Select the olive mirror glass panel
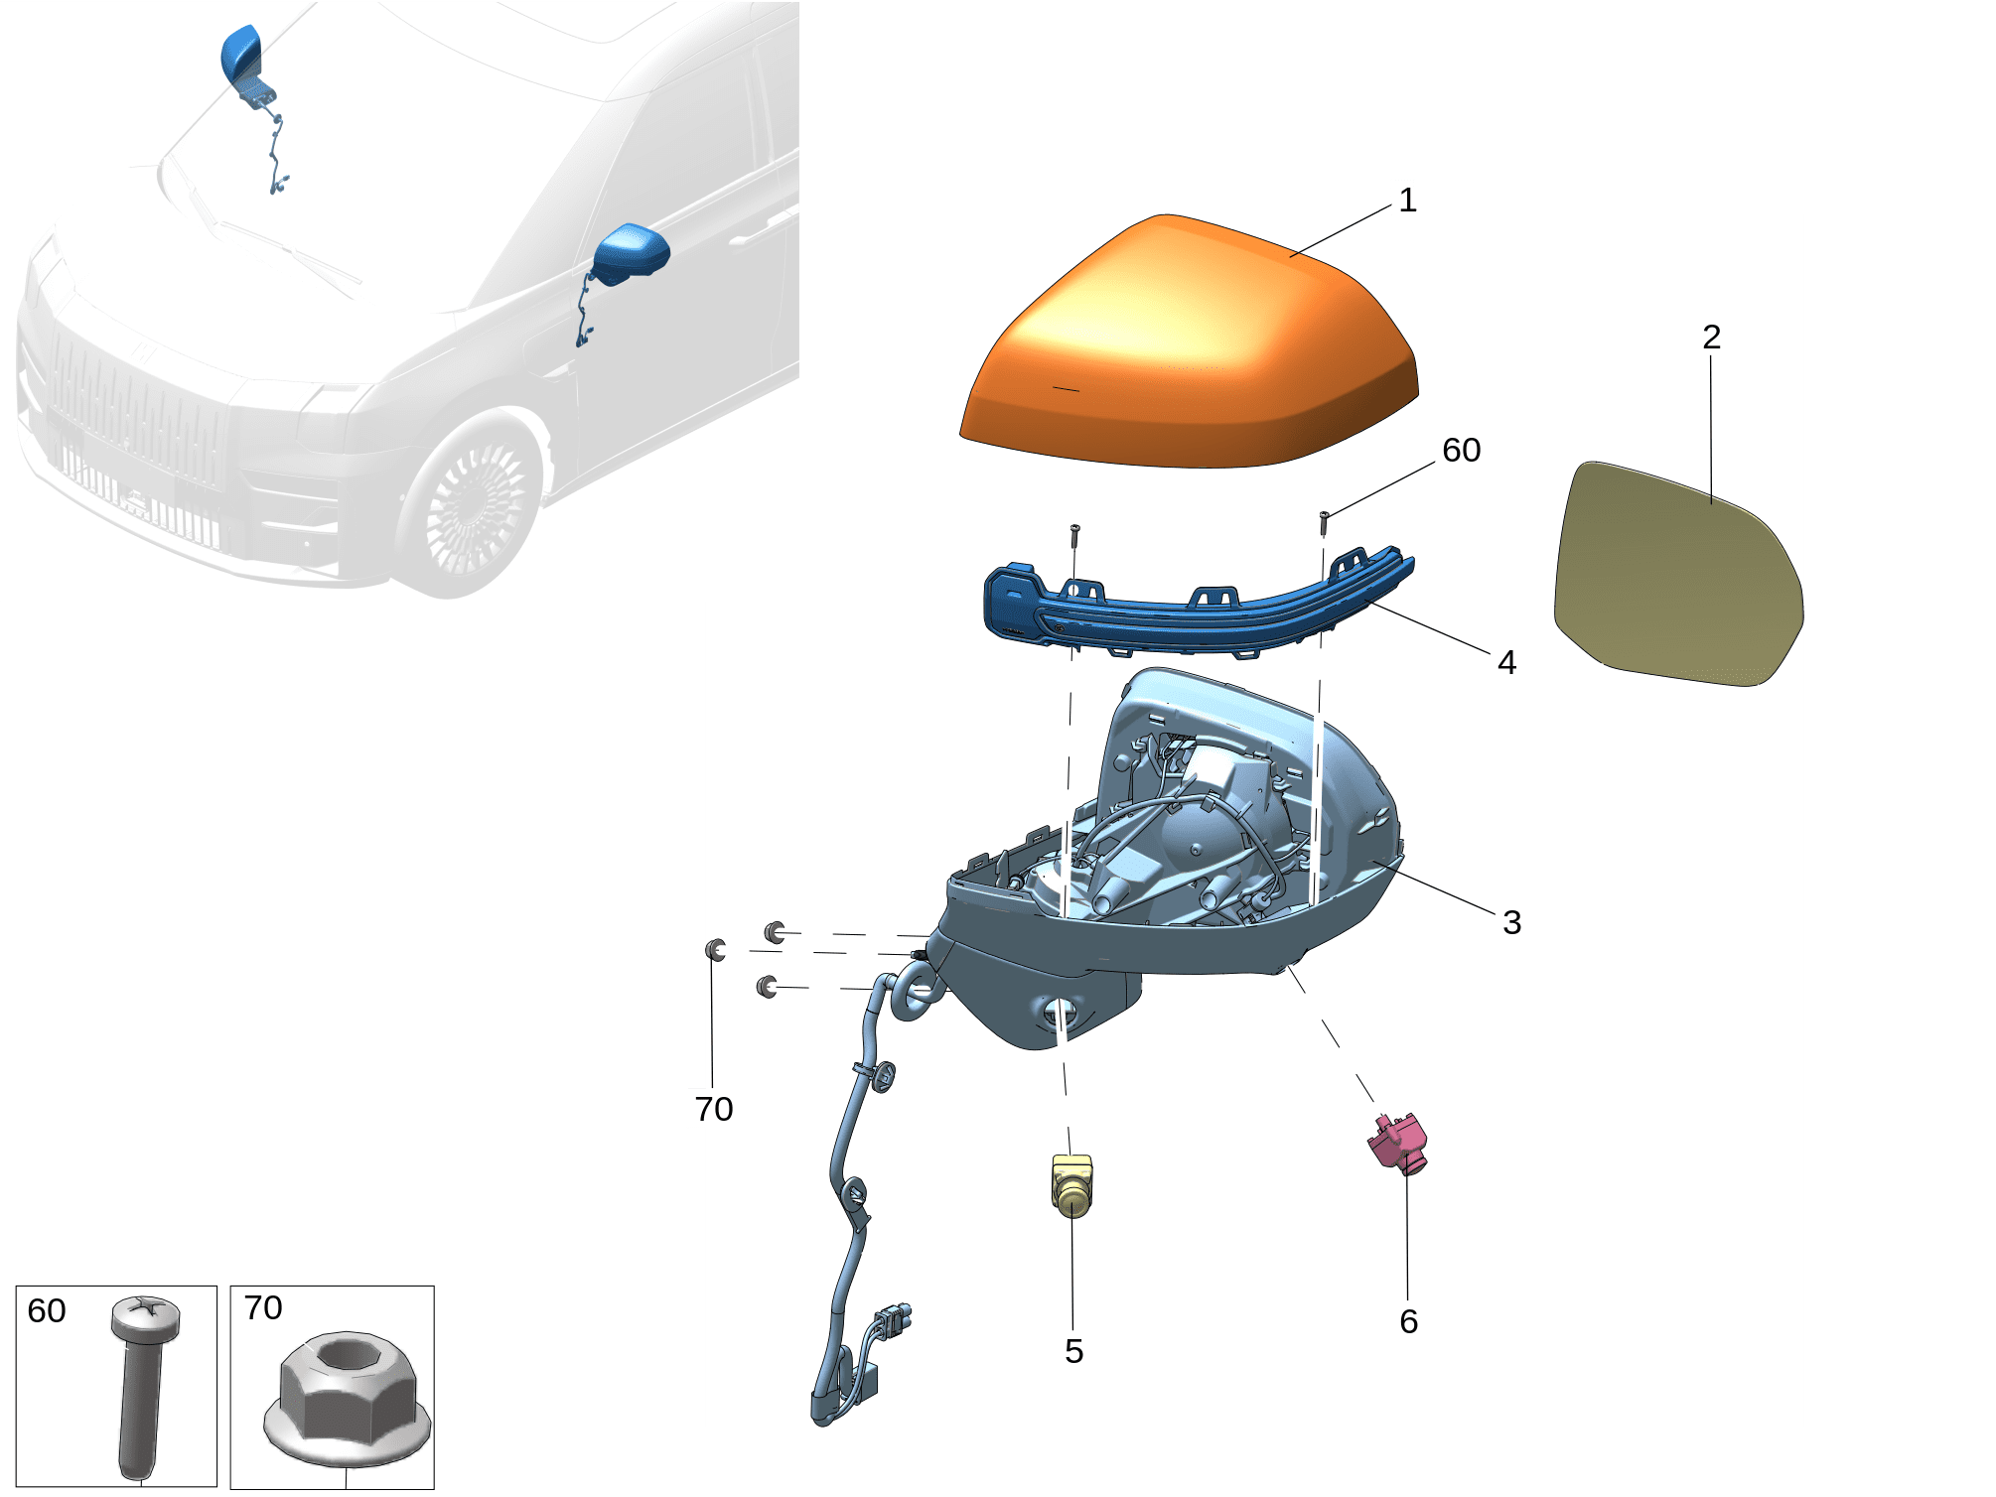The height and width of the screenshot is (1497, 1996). pos(1678,576)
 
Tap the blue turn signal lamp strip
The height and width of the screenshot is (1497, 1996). pos(1192,611)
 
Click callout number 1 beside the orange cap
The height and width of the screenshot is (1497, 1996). pos(1406,200)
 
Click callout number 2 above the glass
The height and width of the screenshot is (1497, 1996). pos(1711,338)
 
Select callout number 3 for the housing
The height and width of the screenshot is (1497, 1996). pos(1511,922)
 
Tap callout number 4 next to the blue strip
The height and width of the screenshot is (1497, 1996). pos(1506,662)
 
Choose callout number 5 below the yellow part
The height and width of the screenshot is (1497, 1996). pos(1073,1351)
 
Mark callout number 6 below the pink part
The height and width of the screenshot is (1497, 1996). pos(1408,1321)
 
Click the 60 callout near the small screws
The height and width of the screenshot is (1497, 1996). pos(1461,450)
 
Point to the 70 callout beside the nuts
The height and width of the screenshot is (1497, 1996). pos(713,1109)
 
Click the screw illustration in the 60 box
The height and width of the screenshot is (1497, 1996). pos(141,1380)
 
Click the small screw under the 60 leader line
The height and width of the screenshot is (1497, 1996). pos(1324,518)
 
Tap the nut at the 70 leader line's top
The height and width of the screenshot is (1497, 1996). pos(715,950)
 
